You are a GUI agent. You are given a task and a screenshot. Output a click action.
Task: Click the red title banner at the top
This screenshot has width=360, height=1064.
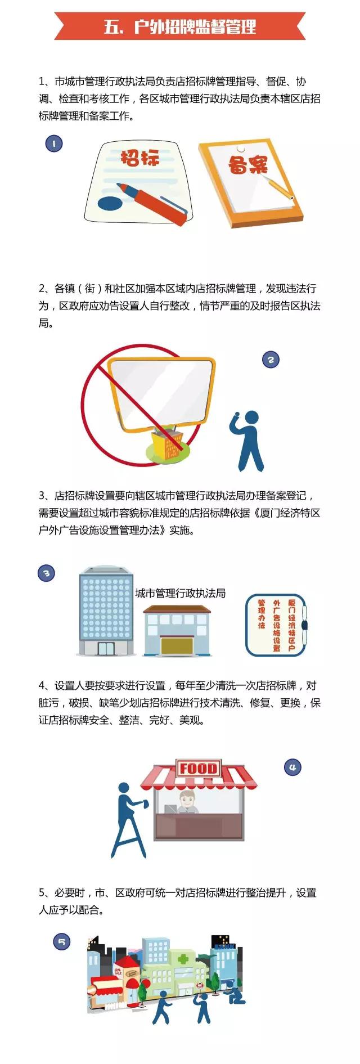180,26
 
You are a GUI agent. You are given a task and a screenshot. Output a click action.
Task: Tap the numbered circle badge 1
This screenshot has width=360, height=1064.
54,144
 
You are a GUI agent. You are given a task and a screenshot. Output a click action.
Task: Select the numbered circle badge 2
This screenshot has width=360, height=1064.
271,360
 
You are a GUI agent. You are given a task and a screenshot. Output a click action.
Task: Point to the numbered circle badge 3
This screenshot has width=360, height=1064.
47,573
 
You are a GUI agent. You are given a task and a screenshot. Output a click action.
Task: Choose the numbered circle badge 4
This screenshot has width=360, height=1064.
292,767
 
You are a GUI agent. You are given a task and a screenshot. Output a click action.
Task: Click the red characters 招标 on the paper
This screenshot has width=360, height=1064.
140,158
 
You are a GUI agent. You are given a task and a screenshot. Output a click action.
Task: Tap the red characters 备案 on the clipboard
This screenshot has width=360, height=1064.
247,164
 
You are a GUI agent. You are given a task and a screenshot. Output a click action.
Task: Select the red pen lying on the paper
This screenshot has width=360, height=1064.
152,203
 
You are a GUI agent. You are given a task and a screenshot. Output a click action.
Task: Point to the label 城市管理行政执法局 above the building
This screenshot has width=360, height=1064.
180,593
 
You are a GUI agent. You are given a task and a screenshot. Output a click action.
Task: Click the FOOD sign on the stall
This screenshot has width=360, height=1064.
198,768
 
